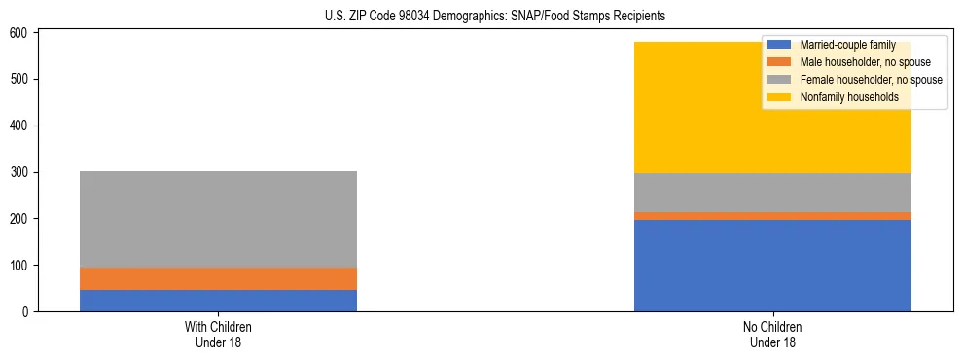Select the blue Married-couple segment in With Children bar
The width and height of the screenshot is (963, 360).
click(218, 301)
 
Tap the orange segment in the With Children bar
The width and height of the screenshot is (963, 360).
click(218, 278)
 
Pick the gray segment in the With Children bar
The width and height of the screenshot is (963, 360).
click(218, 219)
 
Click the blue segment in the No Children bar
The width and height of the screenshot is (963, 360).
click(772, 266)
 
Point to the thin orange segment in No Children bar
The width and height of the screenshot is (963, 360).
click(772, 216)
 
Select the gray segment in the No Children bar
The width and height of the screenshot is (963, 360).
click(772, 193)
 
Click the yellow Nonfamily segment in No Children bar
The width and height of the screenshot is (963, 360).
click(681, 107)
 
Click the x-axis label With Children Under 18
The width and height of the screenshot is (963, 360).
click(218, 335)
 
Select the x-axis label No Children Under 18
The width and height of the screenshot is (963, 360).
click(772, 335)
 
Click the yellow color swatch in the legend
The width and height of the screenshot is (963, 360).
click(779, 97)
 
